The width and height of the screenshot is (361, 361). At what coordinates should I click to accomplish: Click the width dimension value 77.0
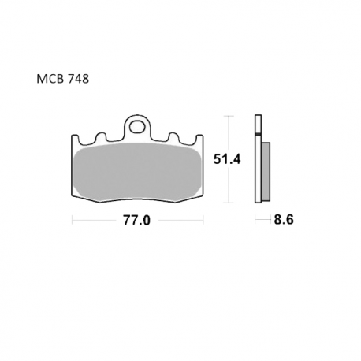[x=136, y=221]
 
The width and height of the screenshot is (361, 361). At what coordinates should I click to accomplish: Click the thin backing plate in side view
[x=256, y=162]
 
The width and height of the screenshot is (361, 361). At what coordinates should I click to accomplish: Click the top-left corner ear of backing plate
[x=76, y=140]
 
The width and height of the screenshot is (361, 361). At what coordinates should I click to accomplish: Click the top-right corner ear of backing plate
[x=199, y=140]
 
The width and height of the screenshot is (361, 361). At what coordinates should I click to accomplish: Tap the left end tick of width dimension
[x=72, y=221]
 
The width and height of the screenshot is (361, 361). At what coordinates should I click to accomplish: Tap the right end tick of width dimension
[x=203, y=221]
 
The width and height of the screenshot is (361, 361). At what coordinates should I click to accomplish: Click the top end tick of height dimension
[x=229, y=116]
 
